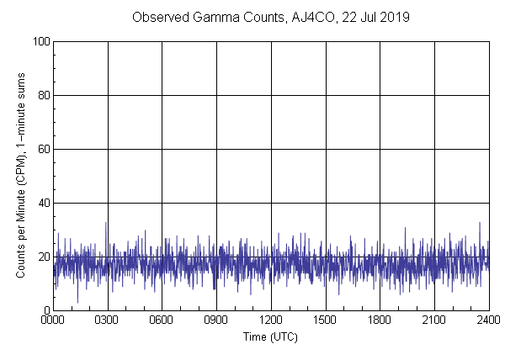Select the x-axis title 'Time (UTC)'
(x=270, y=336)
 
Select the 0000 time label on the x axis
(x=54, y=321)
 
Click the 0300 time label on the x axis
(x=108, y=321)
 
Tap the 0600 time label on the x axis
(x=162, y=321)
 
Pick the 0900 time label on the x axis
(x=216, y=321)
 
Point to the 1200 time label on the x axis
(x=271, y=321)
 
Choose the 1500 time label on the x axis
(x=325, y=321)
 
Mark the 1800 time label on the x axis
(x=380, y=321)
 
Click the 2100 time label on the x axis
(x=433, y=321)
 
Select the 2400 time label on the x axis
(x=487, y=321)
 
